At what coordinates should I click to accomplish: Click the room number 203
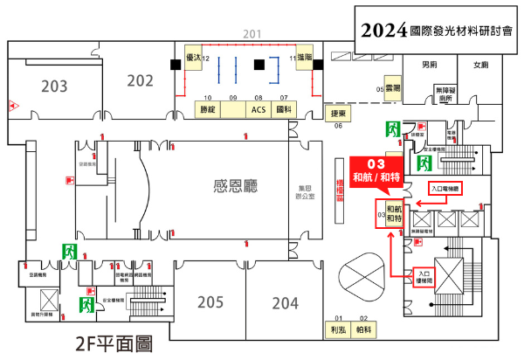click(54, 86)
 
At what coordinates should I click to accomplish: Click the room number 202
click(140, 80)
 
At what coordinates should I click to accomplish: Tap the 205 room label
click(210, 302)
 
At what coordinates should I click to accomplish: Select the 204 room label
click(285, 302)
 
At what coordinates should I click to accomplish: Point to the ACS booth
click(259, 110)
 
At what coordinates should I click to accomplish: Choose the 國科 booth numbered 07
click(283, 110)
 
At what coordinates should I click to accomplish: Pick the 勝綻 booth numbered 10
click(208, 110)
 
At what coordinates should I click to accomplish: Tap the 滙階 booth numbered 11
click(306, 59)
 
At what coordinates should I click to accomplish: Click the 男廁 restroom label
click(429, 65)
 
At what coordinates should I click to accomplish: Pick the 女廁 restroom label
click(480, 65)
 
